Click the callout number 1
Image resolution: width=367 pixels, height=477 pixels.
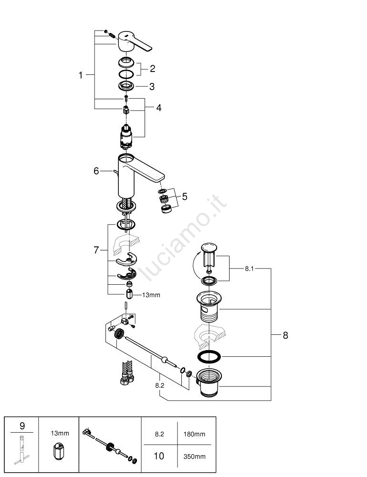point(81,75)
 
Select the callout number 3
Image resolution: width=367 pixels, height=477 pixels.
point(151,86)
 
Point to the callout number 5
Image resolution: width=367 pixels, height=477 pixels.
point(185,196)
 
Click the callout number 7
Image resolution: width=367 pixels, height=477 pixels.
point(96,249)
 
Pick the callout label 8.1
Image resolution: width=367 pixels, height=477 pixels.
point(249,269)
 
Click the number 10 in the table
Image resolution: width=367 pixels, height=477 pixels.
point(159,456)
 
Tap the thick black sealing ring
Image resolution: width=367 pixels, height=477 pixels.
point(208,356)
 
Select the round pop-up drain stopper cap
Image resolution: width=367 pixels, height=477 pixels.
point(208,247)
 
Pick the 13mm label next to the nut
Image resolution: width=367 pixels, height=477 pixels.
point(151,295)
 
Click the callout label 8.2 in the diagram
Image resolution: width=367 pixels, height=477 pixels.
point(159,384)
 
